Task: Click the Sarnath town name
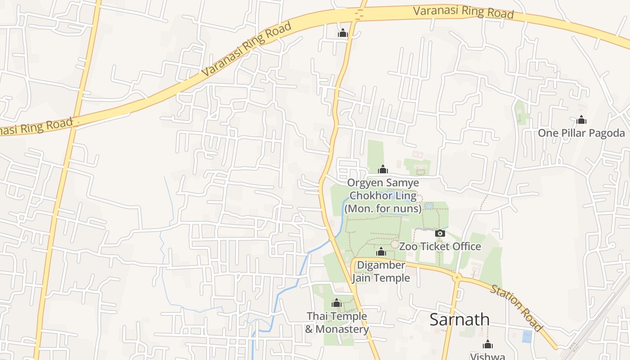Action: pyautogui.click(x=459, y=319)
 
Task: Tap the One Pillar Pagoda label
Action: pyautogui.click(x=581, y=133)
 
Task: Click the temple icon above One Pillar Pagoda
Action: pyautogui.click(x=581, y=120)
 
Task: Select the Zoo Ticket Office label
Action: pyautogui.click(x=440, y=247)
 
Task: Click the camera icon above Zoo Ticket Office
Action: pyautogui.click(x=440, y=233)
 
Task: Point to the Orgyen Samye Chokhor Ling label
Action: pyautogui.click(x=383, y=196)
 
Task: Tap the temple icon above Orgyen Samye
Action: pyautogui.click(x=383, y=170)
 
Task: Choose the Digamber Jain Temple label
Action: pyautogui.click(x=381, y=271)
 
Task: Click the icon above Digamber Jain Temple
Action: pyautogui.click(x=381, y=252)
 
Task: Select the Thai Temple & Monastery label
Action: pyautogui.click(x=337, y=323)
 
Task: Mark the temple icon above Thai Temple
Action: pyautogui.click(x=337, y=303)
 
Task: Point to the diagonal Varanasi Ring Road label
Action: pyautogui.click(x=246, y=49)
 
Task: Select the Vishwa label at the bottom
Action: pyautogui.click(x=487, y=356)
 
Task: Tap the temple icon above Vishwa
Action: pyautogui.click(x=487, y=345)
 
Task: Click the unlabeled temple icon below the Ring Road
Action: pyautogui.click(x=343, y=33)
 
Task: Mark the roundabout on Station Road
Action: pyautogui.click(x=457, y=277)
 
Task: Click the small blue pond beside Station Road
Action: pyautogui.click(x=526, y=337)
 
